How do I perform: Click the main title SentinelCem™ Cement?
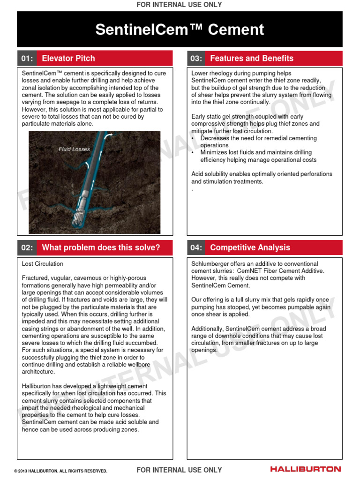pyautogui.click(x=180, y=30)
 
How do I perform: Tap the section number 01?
pyautogui.click(x=27, y=59)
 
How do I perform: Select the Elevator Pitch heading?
pyautogui.click(x=68, y=59)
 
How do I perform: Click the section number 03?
pyautogui.click(x=196, y=59)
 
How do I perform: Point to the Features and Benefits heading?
pyautogui.click(x=252, y=59)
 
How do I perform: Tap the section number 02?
pyautogui.click(x=27, y=247)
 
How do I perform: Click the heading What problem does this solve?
pyautogui.click(x=101, y=247)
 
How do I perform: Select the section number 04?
pyautogui.click(x=196, y=247)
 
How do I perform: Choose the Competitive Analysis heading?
pyautogui.click(x=250, y=247)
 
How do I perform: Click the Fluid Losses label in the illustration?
pyautogui.click(x=74, y=149)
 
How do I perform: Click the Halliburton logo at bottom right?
pyautogui.click(x=306, y=469)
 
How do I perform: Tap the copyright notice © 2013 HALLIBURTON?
pyautogui.click(x=60, y=471)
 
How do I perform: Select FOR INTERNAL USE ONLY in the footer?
pyautogui.click(x=179, y=470)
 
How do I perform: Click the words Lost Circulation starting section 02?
pyautogui.click(x=42, y=264)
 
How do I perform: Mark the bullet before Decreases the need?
pyautogui.click(x=194, y=139)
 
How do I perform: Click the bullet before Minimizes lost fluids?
pyautogui.click(x=194, y=153)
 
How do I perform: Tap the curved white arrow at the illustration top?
pyautogui.click(x=109, y=135)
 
